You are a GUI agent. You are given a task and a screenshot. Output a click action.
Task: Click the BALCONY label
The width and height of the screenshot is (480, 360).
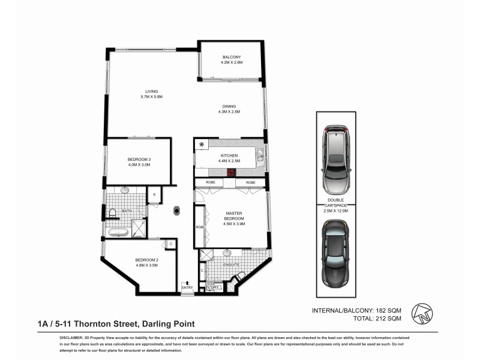tap(230, 56)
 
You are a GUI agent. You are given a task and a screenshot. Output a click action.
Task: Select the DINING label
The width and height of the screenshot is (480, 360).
tap(229, 106)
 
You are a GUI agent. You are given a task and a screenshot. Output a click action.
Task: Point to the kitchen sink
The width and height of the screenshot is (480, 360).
tap(259, 158)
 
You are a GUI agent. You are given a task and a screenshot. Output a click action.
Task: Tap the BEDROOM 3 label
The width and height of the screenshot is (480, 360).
tap(138, 159)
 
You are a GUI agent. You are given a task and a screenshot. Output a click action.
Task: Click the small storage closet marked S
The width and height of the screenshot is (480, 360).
tap(155, 194)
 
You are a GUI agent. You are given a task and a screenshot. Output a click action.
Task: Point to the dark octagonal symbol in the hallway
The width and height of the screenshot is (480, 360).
tap(178, 210)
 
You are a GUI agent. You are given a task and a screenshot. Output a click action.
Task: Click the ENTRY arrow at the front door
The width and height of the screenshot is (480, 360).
tap(187, 283)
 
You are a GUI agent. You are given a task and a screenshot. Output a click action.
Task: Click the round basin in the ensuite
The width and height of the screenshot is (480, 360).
tap(229, 253)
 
